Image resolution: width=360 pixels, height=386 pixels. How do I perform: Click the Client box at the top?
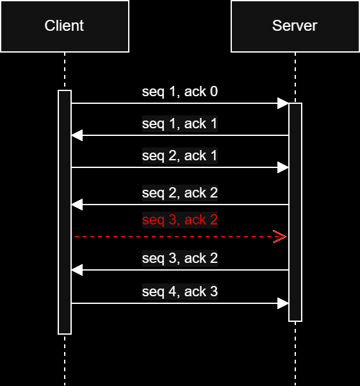(x=64, y=26)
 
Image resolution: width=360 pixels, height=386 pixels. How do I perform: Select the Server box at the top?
(x=295, y=26)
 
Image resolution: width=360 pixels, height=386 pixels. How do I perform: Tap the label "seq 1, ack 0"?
(x=179, y=92)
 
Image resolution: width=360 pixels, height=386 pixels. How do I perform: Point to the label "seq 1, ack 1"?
(x=179, y=124)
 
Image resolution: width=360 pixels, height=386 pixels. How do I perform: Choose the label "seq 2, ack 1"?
(x=179, y=156)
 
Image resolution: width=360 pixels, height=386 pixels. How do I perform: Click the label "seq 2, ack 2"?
(x=179, y=193)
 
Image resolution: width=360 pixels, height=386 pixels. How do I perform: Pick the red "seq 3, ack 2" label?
(x=179, y=220)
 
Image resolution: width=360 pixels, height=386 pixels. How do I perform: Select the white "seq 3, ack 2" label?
(x=179, y=258)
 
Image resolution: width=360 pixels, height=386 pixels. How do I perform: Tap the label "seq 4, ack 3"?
(x=179, y=292)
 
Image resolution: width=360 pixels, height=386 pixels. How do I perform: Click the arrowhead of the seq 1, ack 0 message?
(x=282, y=103)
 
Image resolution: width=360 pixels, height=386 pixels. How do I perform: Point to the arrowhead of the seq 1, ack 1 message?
(x=77, y=135)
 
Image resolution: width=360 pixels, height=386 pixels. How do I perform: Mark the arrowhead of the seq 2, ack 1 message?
(x=282, y=167)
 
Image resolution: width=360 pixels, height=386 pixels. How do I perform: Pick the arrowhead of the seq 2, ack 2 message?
(x=77, y=205)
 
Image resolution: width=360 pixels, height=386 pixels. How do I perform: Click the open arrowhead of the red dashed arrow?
(x=280, y=237)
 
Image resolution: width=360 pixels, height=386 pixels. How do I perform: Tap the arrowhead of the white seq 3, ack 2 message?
(x=77, y=270)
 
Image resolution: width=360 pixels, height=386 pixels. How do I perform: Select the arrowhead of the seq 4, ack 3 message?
(x=282, y=303)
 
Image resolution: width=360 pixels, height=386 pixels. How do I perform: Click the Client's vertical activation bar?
(x=64, y=212)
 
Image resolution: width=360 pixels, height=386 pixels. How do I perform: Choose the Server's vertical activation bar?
(x=295, y=212)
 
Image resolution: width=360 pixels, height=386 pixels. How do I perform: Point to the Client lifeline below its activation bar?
(x=64, y=359)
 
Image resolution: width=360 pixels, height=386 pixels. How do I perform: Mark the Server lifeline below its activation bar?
(x=295, y=353)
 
